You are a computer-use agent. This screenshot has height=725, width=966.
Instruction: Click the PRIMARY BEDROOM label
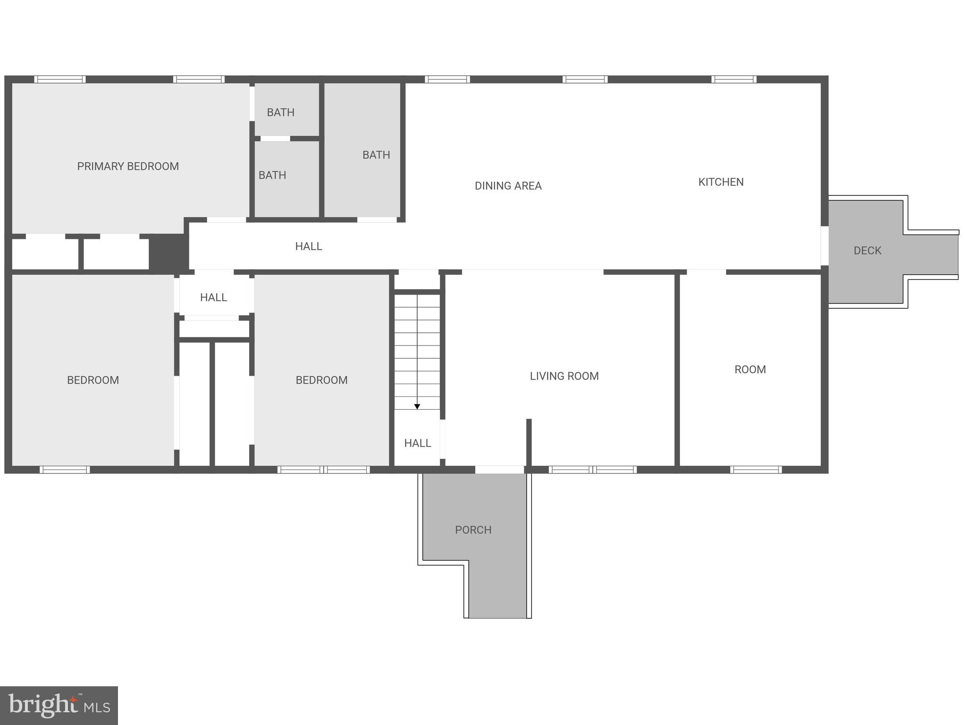coord(128,166)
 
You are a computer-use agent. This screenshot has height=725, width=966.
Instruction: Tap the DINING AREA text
coord(508,186)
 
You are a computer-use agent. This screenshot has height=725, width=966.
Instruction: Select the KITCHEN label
coord(721,182)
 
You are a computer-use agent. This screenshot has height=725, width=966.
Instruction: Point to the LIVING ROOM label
coord(564,376)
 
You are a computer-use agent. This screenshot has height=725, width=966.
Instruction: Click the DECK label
coord(867,251)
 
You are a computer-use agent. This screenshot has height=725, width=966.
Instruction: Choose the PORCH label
coord(473,530)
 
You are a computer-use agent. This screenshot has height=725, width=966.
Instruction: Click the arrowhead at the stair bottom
coord(417,406)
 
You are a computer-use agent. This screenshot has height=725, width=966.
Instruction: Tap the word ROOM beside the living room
coord(750,370)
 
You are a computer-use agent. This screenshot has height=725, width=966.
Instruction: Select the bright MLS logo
coord(59,706)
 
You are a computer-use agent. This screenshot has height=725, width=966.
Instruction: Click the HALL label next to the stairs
coord(418,443)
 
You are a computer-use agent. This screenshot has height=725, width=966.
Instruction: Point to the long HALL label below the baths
coord(309,246)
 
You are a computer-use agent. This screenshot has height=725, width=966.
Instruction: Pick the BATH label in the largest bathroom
coord(376,155)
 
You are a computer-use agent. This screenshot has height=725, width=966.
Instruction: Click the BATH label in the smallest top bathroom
coord(281,112)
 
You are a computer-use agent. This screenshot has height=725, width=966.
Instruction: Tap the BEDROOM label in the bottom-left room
coord(93,380)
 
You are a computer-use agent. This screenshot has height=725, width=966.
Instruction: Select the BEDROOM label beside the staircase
coord(321,380)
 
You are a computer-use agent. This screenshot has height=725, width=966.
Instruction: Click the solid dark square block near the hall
coord(169,253)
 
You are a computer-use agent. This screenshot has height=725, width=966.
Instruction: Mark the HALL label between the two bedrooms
coord(213,297)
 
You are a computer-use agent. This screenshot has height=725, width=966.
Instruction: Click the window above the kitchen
coord(734,79)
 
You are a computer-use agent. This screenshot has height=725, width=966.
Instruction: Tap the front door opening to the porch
coord(499,470)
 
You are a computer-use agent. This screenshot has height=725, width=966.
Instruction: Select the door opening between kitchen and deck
coord(824,246)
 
